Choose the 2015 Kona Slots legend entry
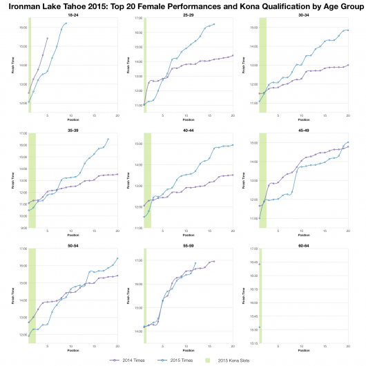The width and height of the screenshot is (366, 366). pyautogui.click(x=246, y=360)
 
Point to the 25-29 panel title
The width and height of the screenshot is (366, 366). pyautogui.click(x=188, y=15)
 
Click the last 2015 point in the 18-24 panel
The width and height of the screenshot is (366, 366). pyautogui.click(x=66, y=23)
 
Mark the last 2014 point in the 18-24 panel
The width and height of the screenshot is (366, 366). pyautogui.click(x=47, y=38)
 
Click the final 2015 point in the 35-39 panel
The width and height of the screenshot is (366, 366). pyautogui.click(x=108, y=139)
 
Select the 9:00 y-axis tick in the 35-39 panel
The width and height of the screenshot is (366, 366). pyautogui.click(x=23, y=227)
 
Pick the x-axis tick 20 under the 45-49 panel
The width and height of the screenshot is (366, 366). pyautogui.click(x=348, y=230)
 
